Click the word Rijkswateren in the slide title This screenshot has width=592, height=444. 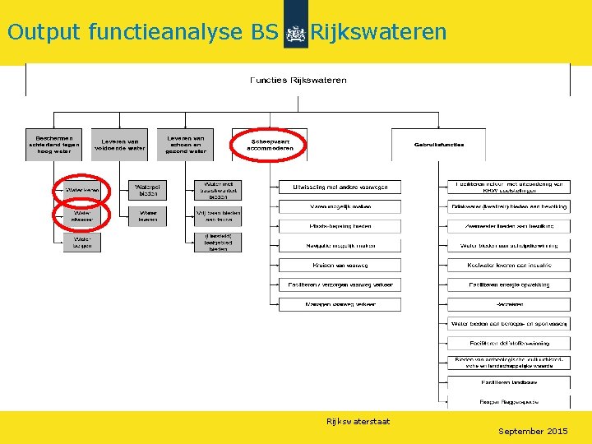point(378,32)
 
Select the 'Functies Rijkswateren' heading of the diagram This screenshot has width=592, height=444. point(298,80)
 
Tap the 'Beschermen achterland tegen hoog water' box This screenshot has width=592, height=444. point(54,144)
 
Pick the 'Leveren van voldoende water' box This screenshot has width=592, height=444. point(120,144)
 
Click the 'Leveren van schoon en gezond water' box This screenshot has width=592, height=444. point(186,144)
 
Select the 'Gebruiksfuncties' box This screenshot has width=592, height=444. point(438,145)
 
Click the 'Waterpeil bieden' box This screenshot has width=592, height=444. point(148,190)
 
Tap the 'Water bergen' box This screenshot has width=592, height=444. point(82,242)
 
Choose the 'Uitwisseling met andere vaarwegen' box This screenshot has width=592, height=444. point(340,187)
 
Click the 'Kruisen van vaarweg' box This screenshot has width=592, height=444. point(340,265)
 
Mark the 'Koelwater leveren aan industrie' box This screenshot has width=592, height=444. point(508,265)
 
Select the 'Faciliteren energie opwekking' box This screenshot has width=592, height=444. point(508,284)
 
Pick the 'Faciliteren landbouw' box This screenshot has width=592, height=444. point(508,382)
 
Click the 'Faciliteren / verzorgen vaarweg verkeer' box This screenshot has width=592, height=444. point(340,284)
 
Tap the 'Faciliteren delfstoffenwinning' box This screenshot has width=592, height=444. point(508,343)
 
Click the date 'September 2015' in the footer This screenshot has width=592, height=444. point(533,431)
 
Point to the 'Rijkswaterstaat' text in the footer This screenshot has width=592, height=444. point(358,422)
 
